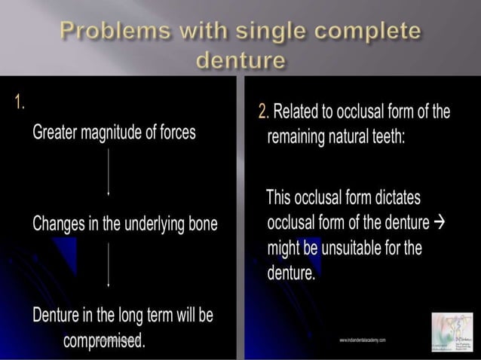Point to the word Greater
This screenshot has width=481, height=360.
pos(59,132)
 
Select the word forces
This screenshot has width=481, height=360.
pos(176,132)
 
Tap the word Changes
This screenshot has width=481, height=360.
pos(61,224)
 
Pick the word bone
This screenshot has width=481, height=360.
pos(201,224)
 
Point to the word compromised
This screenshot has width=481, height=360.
pos(104,340)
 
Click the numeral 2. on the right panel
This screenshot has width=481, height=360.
pos(263,112)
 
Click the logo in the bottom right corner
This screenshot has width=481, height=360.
pos(451,331)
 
